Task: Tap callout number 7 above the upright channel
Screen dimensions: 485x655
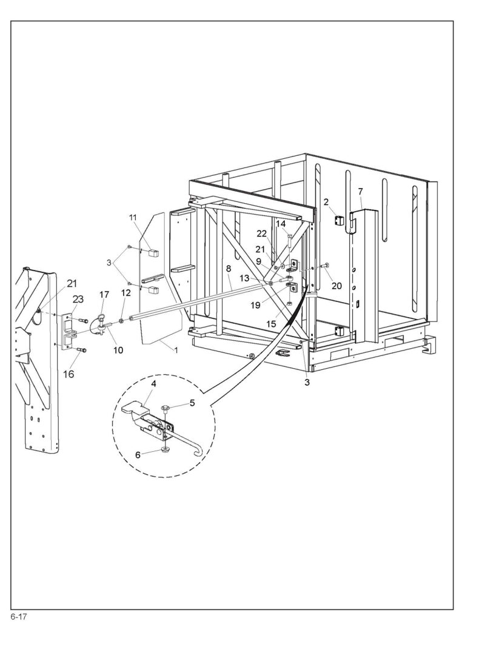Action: point(361,191)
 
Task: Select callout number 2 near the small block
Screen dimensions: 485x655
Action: point(326,202)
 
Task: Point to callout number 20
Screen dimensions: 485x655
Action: point(336,286)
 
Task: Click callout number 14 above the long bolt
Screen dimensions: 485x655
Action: point(280,223)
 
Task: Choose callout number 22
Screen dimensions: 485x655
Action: point(261,233)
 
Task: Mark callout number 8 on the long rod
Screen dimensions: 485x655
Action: point(229,268)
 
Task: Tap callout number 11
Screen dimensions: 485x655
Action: point(133,217)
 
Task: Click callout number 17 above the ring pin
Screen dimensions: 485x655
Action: point(104,295)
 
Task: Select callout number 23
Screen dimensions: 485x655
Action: point(78,299)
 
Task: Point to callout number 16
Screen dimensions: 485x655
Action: point(68,374)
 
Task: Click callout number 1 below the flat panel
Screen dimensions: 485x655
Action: point(176,351)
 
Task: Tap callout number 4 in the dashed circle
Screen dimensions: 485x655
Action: point(154,383)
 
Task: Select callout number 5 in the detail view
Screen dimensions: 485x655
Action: point(192,403)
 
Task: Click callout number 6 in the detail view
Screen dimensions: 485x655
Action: point(138,455)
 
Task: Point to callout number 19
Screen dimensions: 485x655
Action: point(256,305)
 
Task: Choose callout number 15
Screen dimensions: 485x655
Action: point(271,324)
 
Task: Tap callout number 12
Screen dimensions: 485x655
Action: point(125,293)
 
